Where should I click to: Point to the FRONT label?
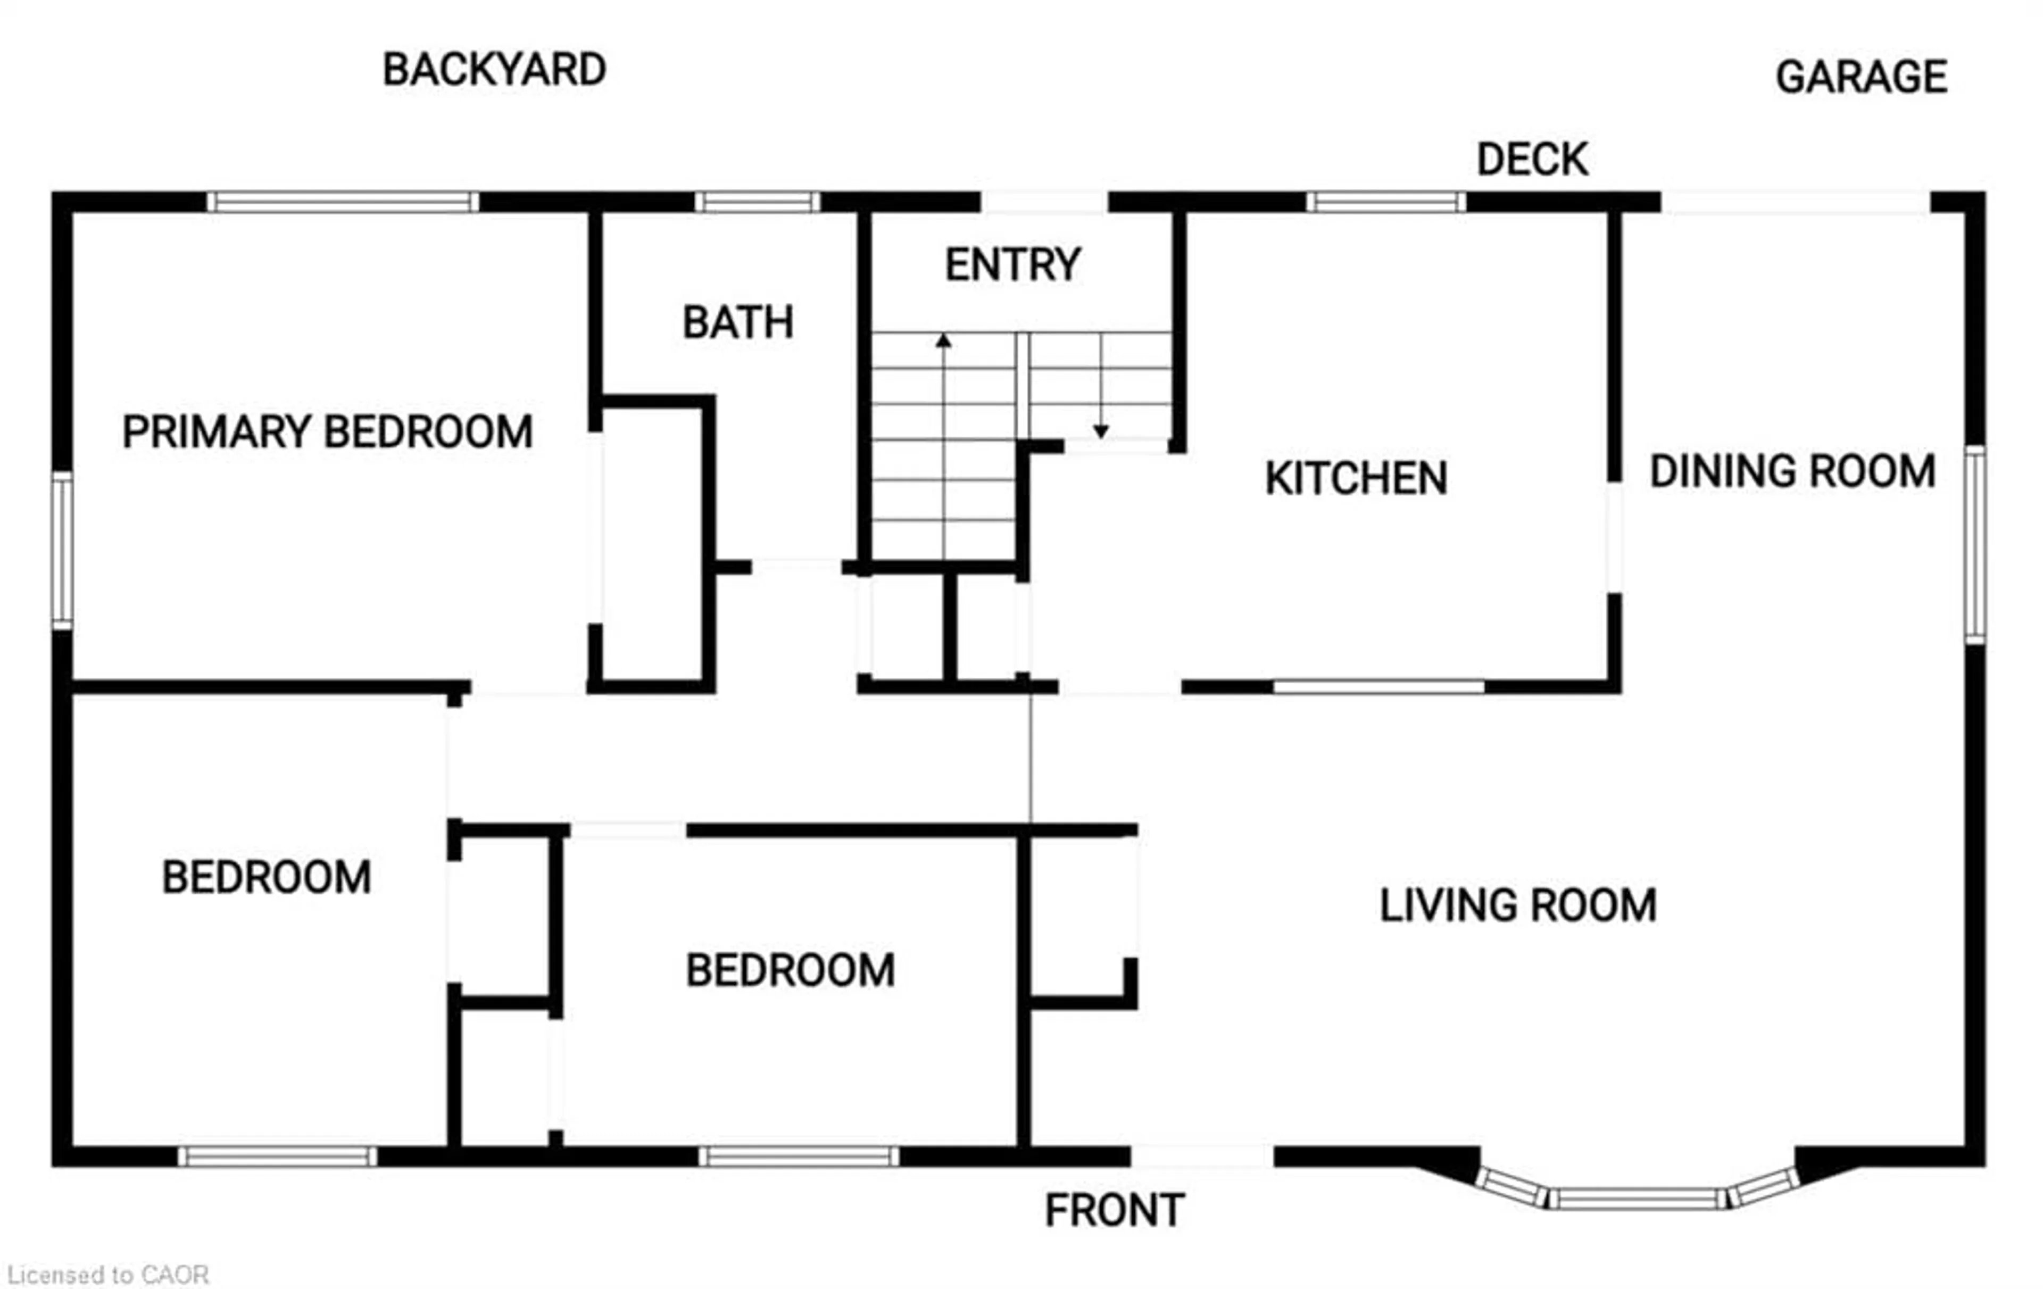coord(1114,1211)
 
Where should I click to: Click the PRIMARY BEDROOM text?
coord(328,432)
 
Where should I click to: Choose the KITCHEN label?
coord(1356,479)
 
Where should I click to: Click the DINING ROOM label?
coord(1792,472)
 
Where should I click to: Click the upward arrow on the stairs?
coord(943,341)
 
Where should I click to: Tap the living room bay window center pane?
coord(1638,1198)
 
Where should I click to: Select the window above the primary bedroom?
coord(343,202)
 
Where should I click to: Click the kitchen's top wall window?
coord(1385,202)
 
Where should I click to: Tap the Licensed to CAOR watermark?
coord(108,1275)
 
